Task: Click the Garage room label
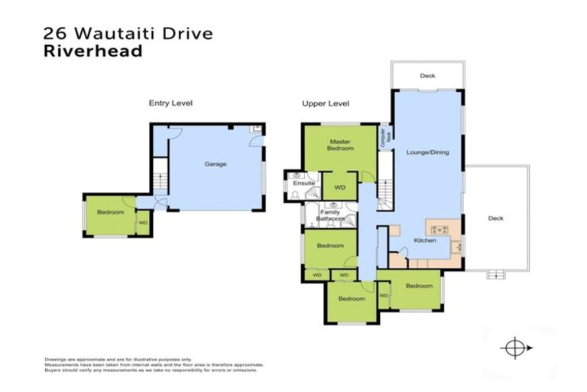pyautogui.click(x=215, y=164)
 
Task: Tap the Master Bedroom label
pyautogui.click(x=341, y=145)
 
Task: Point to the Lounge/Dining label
pyautogui.click(x=427, y=152)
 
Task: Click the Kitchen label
pyautogui.click(x=425, y=240)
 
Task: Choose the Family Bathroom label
pyautogui.click(x=331, y=216)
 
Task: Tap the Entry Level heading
pyautogui.click(x=170, y=103)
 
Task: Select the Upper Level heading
pyautogui.click(x=326, y=103)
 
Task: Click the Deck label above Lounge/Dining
pyautogui.click(x=426, y=76)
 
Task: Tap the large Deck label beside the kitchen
pyautogui.click(x=495, y=218)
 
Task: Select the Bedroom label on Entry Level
pyautogui.click(x=110, y=212)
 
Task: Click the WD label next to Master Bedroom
pyautogui.click(x=340, y=186)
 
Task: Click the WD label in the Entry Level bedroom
pyautogui.click(x=143, y=223)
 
